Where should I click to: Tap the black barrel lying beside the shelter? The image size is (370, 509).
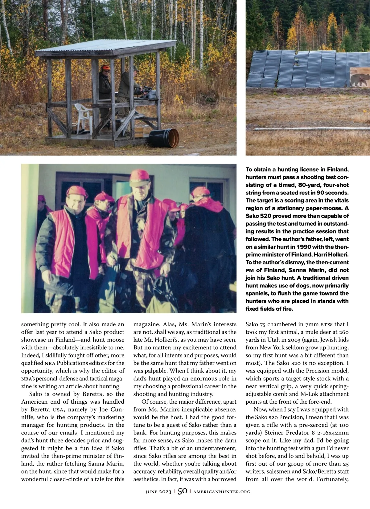pyautogui.click(x=164, y=138)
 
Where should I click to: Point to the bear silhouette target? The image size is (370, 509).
pyautogui.click(x=360, y=79)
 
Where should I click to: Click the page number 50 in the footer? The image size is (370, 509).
pyautogui.click(x=183, y=491)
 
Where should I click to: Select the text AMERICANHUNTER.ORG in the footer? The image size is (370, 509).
pyautogui.click(x=222, y=492)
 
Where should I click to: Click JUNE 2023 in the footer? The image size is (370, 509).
pyautogui.click(x=158, y=492)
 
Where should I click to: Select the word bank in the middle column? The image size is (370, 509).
pyautogui.click(x=140, y=433)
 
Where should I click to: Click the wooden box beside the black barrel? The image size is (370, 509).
pyautogui.click(x=139, y=132)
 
